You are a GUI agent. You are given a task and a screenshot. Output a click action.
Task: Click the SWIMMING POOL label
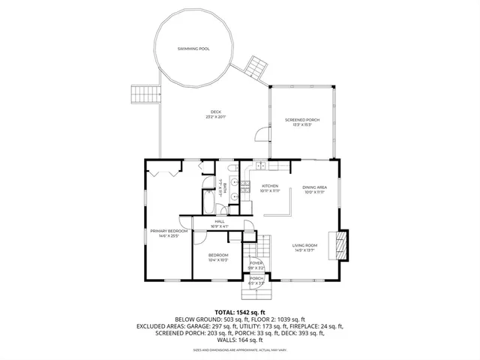point(193,48)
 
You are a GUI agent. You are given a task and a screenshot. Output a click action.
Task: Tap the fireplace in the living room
point(342,244)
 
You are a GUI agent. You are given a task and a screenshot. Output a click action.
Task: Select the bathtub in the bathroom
point(208,203)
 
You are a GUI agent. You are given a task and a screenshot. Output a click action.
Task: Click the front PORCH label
point(257,280)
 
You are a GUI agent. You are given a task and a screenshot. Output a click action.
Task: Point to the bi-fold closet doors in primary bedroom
point(163,172)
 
